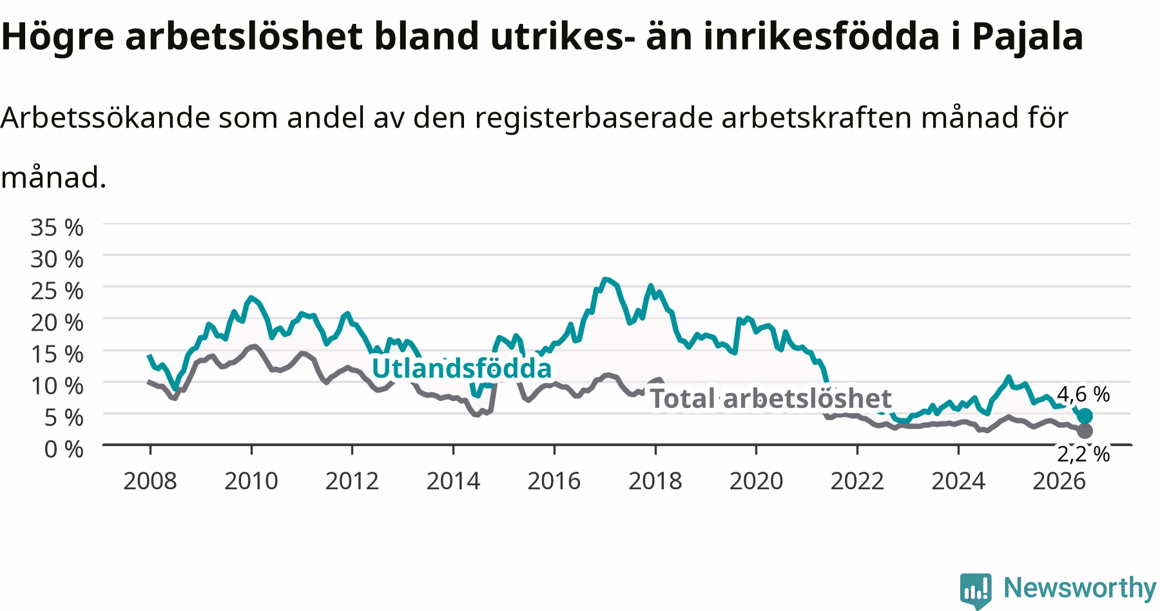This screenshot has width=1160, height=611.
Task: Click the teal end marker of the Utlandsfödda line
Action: [1085, 416]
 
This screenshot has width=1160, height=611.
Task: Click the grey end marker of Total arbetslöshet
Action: [1085, 431]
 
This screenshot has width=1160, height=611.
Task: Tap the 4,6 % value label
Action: [1083, 394]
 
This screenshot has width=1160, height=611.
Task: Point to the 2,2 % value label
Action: [1083, 454]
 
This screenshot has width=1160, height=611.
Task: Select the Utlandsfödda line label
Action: [461, 369]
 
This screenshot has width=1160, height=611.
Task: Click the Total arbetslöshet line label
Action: [770, 398]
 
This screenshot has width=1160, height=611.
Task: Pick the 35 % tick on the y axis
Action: [57, 227]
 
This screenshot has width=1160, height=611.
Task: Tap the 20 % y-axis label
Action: [57, 322]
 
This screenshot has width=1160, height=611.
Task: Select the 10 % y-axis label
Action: [57, 385]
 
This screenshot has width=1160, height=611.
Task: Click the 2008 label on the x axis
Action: [150, 481]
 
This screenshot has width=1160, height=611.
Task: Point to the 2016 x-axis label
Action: [554, 481]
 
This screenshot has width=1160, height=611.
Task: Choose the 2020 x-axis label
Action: [756, 481]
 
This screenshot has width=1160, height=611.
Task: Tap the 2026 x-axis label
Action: [1059, 481]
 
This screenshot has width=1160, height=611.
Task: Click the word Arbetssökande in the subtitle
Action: [106, 118]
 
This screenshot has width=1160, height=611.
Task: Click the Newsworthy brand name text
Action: [1079, 588]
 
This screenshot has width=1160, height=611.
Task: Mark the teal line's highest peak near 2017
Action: [604, 279]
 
